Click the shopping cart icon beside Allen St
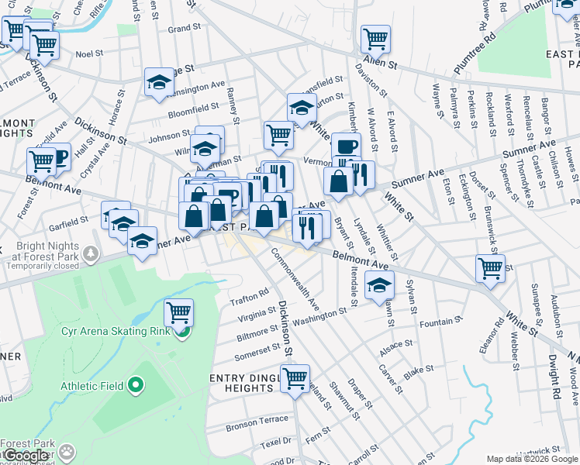(x=375, y=38)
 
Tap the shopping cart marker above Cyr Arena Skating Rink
(x=179, y=313)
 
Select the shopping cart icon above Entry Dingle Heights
(x=295, y=380)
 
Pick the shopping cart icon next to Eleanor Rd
(x=490, y=268)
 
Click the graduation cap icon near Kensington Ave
(x=159, y=83)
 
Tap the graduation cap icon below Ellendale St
(x=379, y=286)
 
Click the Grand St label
(x=185, y=29)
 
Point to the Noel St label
(x=89, y=54)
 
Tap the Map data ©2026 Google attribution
(x=532, y=459)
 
